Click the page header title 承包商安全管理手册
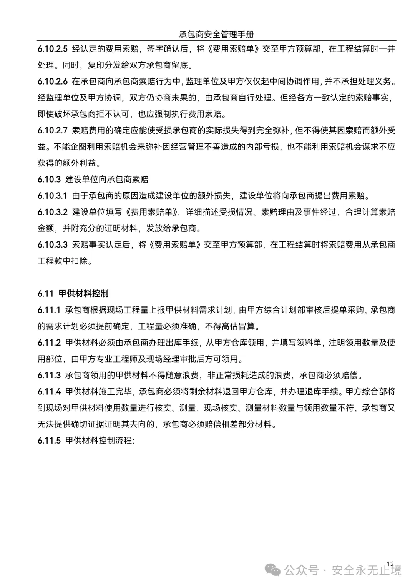(216, 35)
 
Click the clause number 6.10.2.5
(53, 49)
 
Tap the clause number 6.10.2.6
(53, 81)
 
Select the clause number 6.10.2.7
(53, 130)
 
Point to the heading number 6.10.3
(49, 180)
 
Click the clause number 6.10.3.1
(53, 196)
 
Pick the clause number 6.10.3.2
(53, 212)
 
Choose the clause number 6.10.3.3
(53, 244)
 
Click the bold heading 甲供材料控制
(83, 294)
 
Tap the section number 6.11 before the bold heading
(45, 294)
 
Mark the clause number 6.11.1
(49, 310)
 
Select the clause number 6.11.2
(49, 343)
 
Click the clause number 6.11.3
(49, 375)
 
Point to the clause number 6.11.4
(49, 392)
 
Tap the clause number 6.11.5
(49, 441)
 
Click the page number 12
(390, 564)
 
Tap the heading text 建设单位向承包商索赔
(107, 180)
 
